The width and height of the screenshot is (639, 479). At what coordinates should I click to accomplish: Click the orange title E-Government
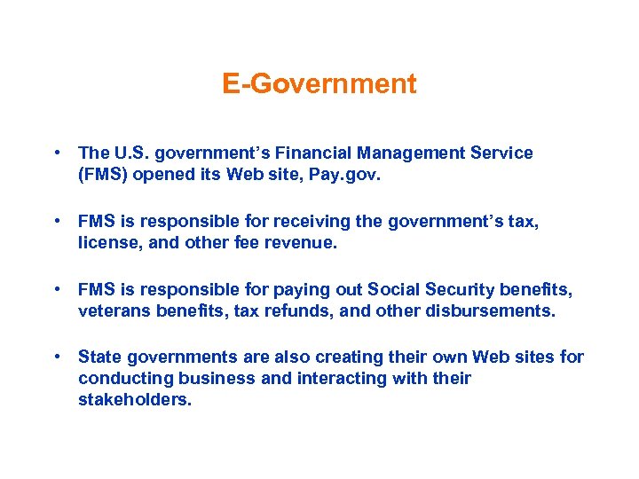319,84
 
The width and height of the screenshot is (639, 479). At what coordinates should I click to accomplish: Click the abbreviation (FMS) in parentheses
104,175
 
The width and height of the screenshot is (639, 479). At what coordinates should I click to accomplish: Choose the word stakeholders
135,400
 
